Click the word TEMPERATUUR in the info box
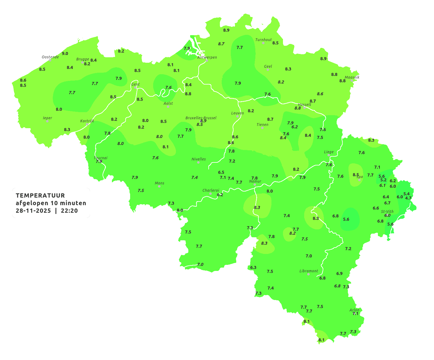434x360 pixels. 40,195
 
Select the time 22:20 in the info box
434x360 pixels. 69,211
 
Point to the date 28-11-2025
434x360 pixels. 33,211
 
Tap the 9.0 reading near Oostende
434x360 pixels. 65,54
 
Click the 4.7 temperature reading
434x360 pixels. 408,198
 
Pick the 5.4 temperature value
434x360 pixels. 406,194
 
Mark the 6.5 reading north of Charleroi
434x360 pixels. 221,172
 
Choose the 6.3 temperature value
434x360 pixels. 253,268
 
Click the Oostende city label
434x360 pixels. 50,57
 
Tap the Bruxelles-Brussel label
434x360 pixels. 201,118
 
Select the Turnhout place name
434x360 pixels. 264,40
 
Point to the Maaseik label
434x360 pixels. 352,77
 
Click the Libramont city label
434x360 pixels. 309,271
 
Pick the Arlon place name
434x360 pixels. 354,310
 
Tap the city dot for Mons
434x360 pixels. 159,186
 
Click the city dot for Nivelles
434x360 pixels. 198,162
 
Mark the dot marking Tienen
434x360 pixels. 262,128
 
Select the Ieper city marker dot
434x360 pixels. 47,121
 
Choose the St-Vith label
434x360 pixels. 387,212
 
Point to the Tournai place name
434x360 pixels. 101,158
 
